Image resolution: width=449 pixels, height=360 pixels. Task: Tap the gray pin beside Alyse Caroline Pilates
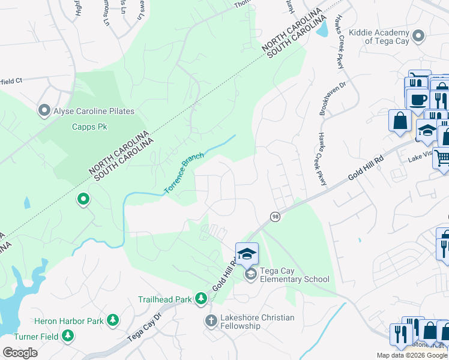[44, 110]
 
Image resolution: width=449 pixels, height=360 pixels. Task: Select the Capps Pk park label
[89, 127]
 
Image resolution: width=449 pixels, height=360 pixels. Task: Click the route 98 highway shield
[275, 217]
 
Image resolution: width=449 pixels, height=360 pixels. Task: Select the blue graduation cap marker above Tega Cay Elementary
[247, 254]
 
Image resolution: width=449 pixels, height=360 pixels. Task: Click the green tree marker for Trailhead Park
[202, 299]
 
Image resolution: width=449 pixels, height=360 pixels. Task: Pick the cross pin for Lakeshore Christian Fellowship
[211, 320]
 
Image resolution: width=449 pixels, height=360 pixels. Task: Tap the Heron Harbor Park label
[69, 322]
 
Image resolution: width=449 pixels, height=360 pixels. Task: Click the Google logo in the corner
[20, 353]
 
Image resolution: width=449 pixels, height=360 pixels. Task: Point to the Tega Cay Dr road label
[145, 327]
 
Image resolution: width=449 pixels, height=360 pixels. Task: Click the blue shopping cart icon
[442, 158]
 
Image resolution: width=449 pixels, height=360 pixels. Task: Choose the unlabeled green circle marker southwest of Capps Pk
[83, 199]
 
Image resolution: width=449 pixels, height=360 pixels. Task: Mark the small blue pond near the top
[323, 27]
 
